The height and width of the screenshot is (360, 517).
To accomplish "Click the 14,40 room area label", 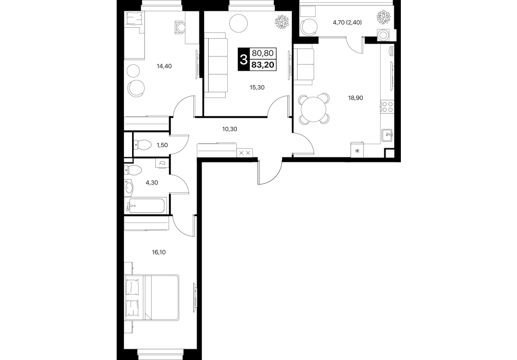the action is coord(164,66).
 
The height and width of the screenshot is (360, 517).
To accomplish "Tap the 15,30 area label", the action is coord(257,87).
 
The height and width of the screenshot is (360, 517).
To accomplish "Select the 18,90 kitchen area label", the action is coord(356,98).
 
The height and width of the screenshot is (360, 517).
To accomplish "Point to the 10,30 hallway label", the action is coord(230,129).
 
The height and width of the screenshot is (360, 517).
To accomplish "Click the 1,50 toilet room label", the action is coord(162,145).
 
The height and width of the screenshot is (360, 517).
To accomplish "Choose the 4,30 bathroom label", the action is coord(152,183).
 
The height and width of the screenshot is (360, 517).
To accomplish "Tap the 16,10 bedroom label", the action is coord(159,253).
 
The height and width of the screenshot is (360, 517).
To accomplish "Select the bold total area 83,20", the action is coord(263,65).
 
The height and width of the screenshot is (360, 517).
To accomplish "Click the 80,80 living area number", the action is coord(263,53).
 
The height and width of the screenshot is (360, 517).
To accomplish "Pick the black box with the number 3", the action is coord(244,59).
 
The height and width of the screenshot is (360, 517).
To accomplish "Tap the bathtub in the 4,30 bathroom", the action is coord(146,206).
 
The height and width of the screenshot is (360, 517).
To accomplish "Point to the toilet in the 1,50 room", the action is coord(142,145).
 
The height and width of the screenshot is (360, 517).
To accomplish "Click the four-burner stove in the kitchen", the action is coord(387,107).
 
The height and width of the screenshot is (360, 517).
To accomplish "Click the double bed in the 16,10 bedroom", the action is coord(152,298).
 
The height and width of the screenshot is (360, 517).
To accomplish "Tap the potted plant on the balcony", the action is coord(384,16).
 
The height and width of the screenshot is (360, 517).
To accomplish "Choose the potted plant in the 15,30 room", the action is coord(282,22).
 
